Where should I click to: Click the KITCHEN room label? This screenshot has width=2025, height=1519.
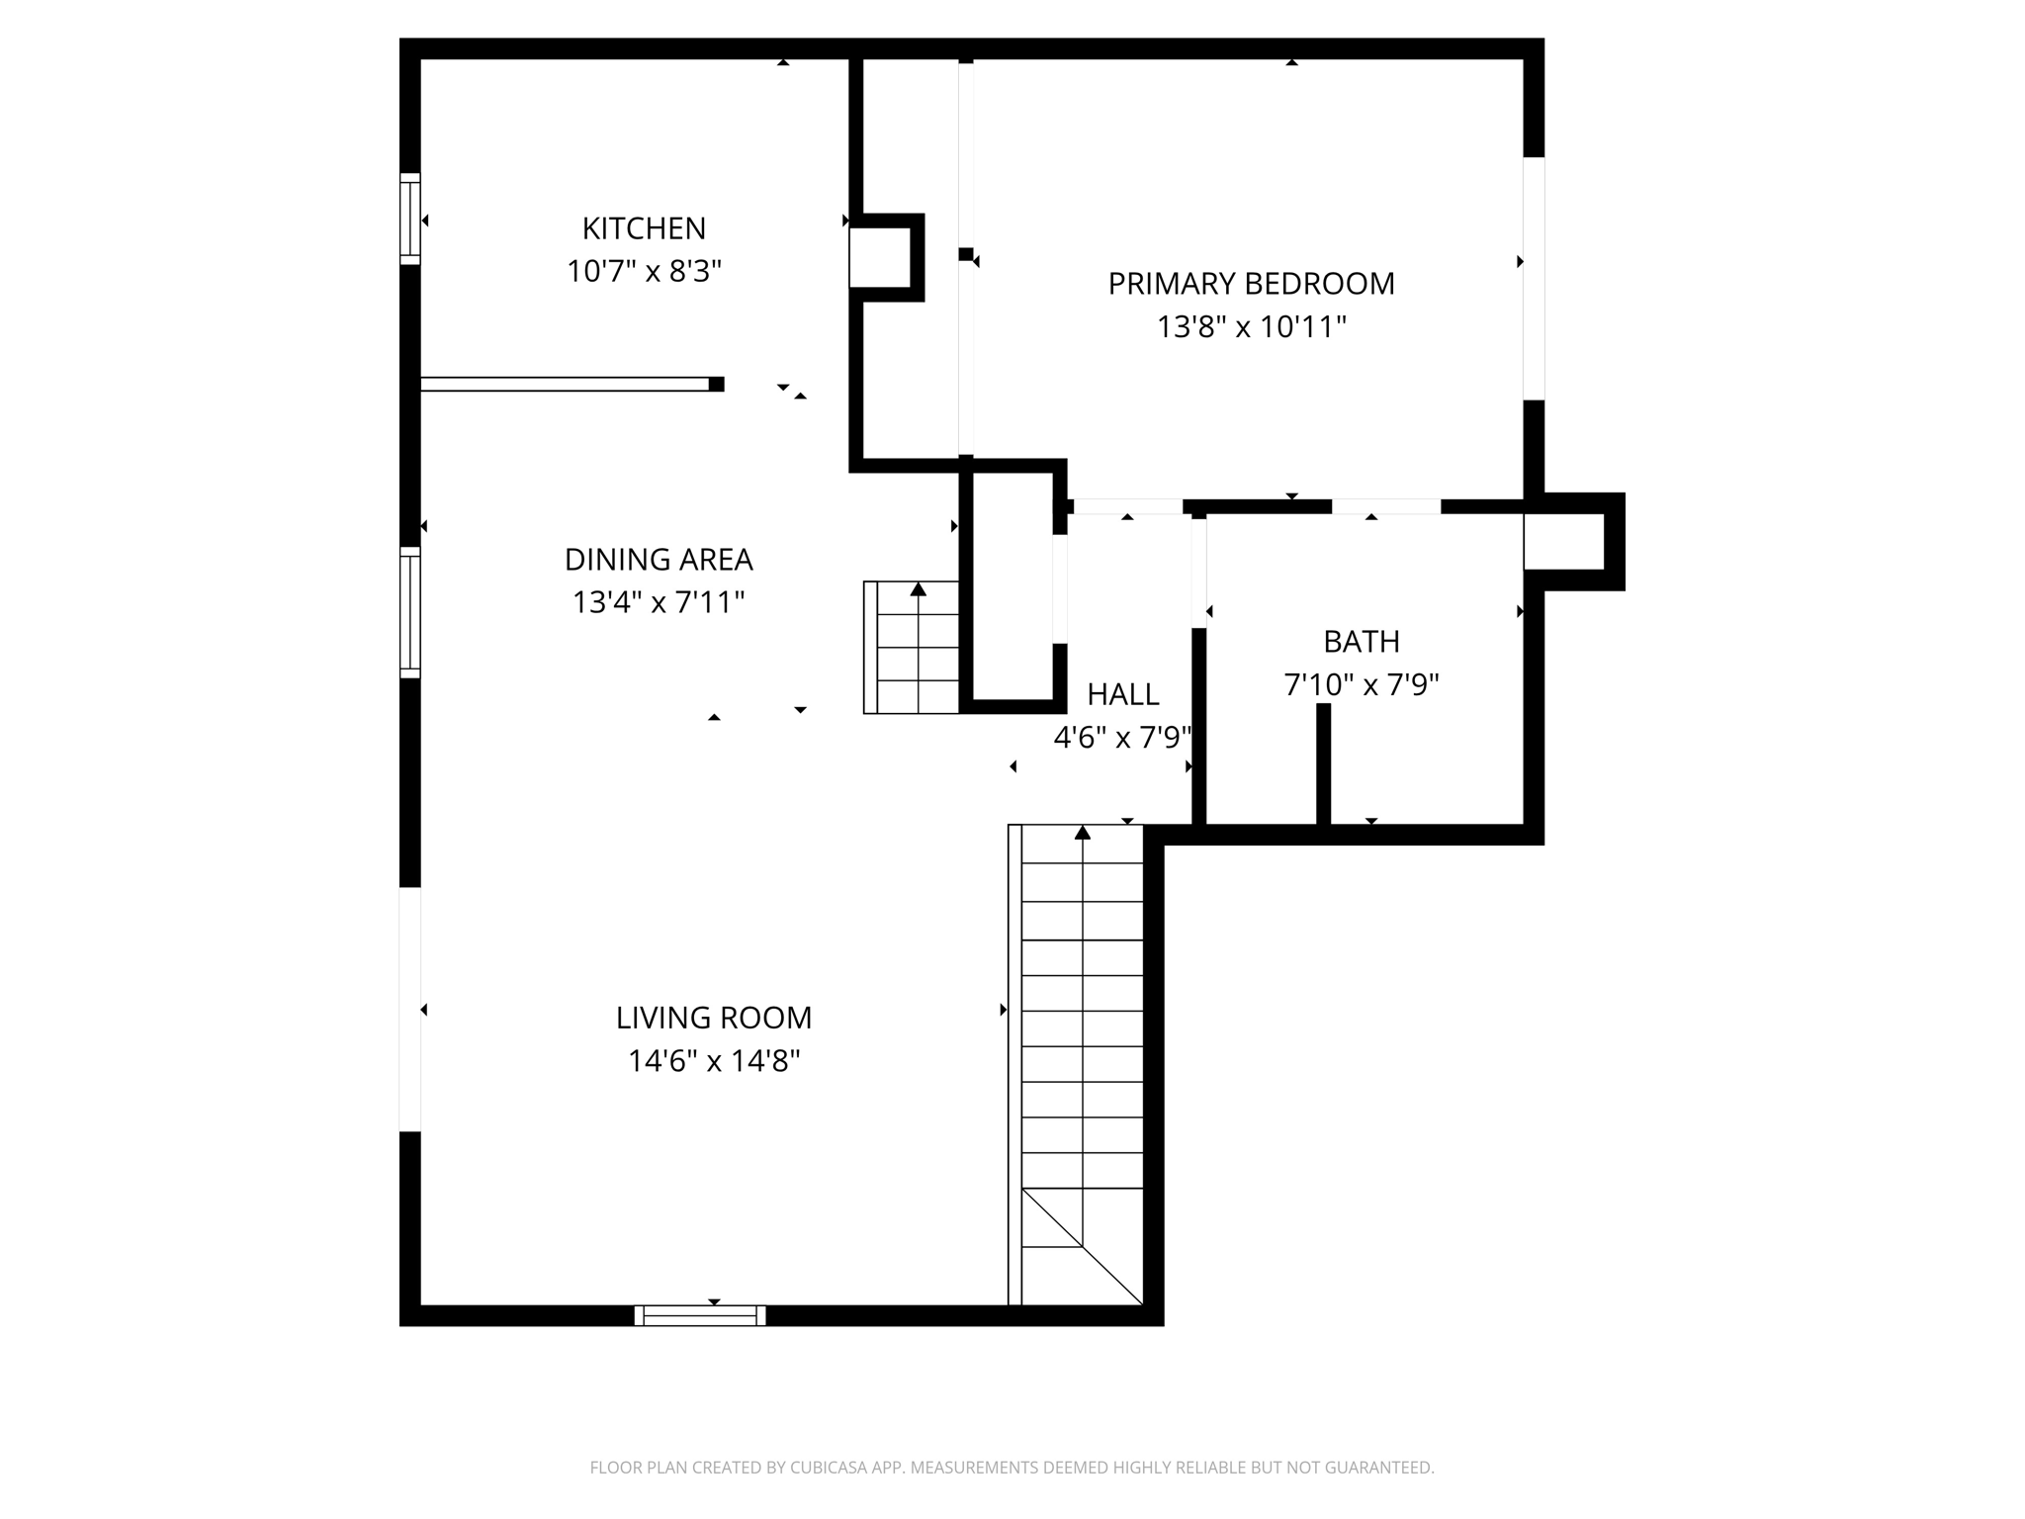click(644, 228)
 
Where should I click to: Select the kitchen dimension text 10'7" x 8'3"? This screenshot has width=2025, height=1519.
click(644, 271)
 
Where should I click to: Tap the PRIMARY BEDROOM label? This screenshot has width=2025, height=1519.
click(1251, 284)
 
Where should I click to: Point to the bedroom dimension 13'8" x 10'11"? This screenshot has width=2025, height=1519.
click(1251, 326)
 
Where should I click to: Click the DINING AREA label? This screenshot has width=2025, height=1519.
click(659, 560)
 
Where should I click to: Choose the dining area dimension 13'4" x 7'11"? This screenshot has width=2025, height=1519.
click(659, 602)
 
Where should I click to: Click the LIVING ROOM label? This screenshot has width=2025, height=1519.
click(713, 1018)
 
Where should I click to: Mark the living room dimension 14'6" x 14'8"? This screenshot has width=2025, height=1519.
click(713, 1061)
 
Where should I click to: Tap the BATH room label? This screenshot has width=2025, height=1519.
click(1362, 642)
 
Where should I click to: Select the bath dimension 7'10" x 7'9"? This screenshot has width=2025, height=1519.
click(1362, 684)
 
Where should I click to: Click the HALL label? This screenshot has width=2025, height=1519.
click(1122, 694)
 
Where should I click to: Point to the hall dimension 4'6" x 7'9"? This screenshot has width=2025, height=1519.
click(1122, 737)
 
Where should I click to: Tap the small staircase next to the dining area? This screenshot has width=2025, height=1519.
click(912, 648)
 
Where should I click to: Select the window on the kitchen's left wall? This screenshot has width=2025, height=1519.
click(410, 219)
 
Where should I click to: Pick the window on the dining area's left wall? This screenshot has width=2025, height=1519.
click(410, 612)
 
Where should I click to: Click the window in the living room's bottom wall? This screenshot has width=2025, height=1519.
click(700, 1315)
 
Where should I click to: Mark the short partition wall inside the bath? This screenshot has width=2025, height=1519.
click(1323, 763)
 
